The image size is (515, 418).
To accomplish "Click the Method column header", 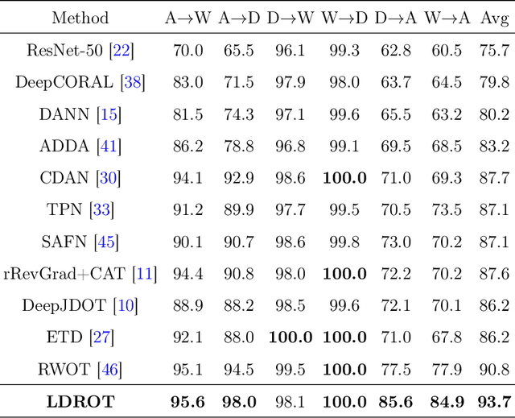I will click(x=80, y=18).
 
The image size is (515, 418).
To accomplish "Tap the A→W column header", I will click(x=187, y=18).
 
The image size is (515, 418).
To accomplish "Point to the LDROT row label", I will click(x=80, y=401).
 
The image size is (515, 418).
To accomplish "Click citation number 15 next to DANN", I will click(x=109, y=114).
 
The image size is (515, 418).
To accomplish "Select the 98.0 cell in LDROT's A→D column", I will click(x=239, y=401).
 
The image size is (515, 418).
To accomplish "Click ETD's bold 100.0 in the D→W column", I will click(x=290, y=338).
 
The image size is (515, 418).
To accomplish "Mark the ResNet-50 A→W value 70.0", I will click(x=187, y=52).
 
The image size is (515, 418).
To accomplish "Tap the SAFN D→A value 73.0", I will click(x=394, y=242).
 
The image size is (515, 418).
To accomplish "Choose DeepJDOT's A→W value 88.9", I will click(x=187, y=306).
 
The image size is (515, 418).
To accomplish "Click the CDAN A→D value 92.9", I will click(x=239, y=178).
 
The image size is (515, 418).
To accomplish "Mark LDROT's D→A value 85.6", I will click(x=394, y=401).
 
